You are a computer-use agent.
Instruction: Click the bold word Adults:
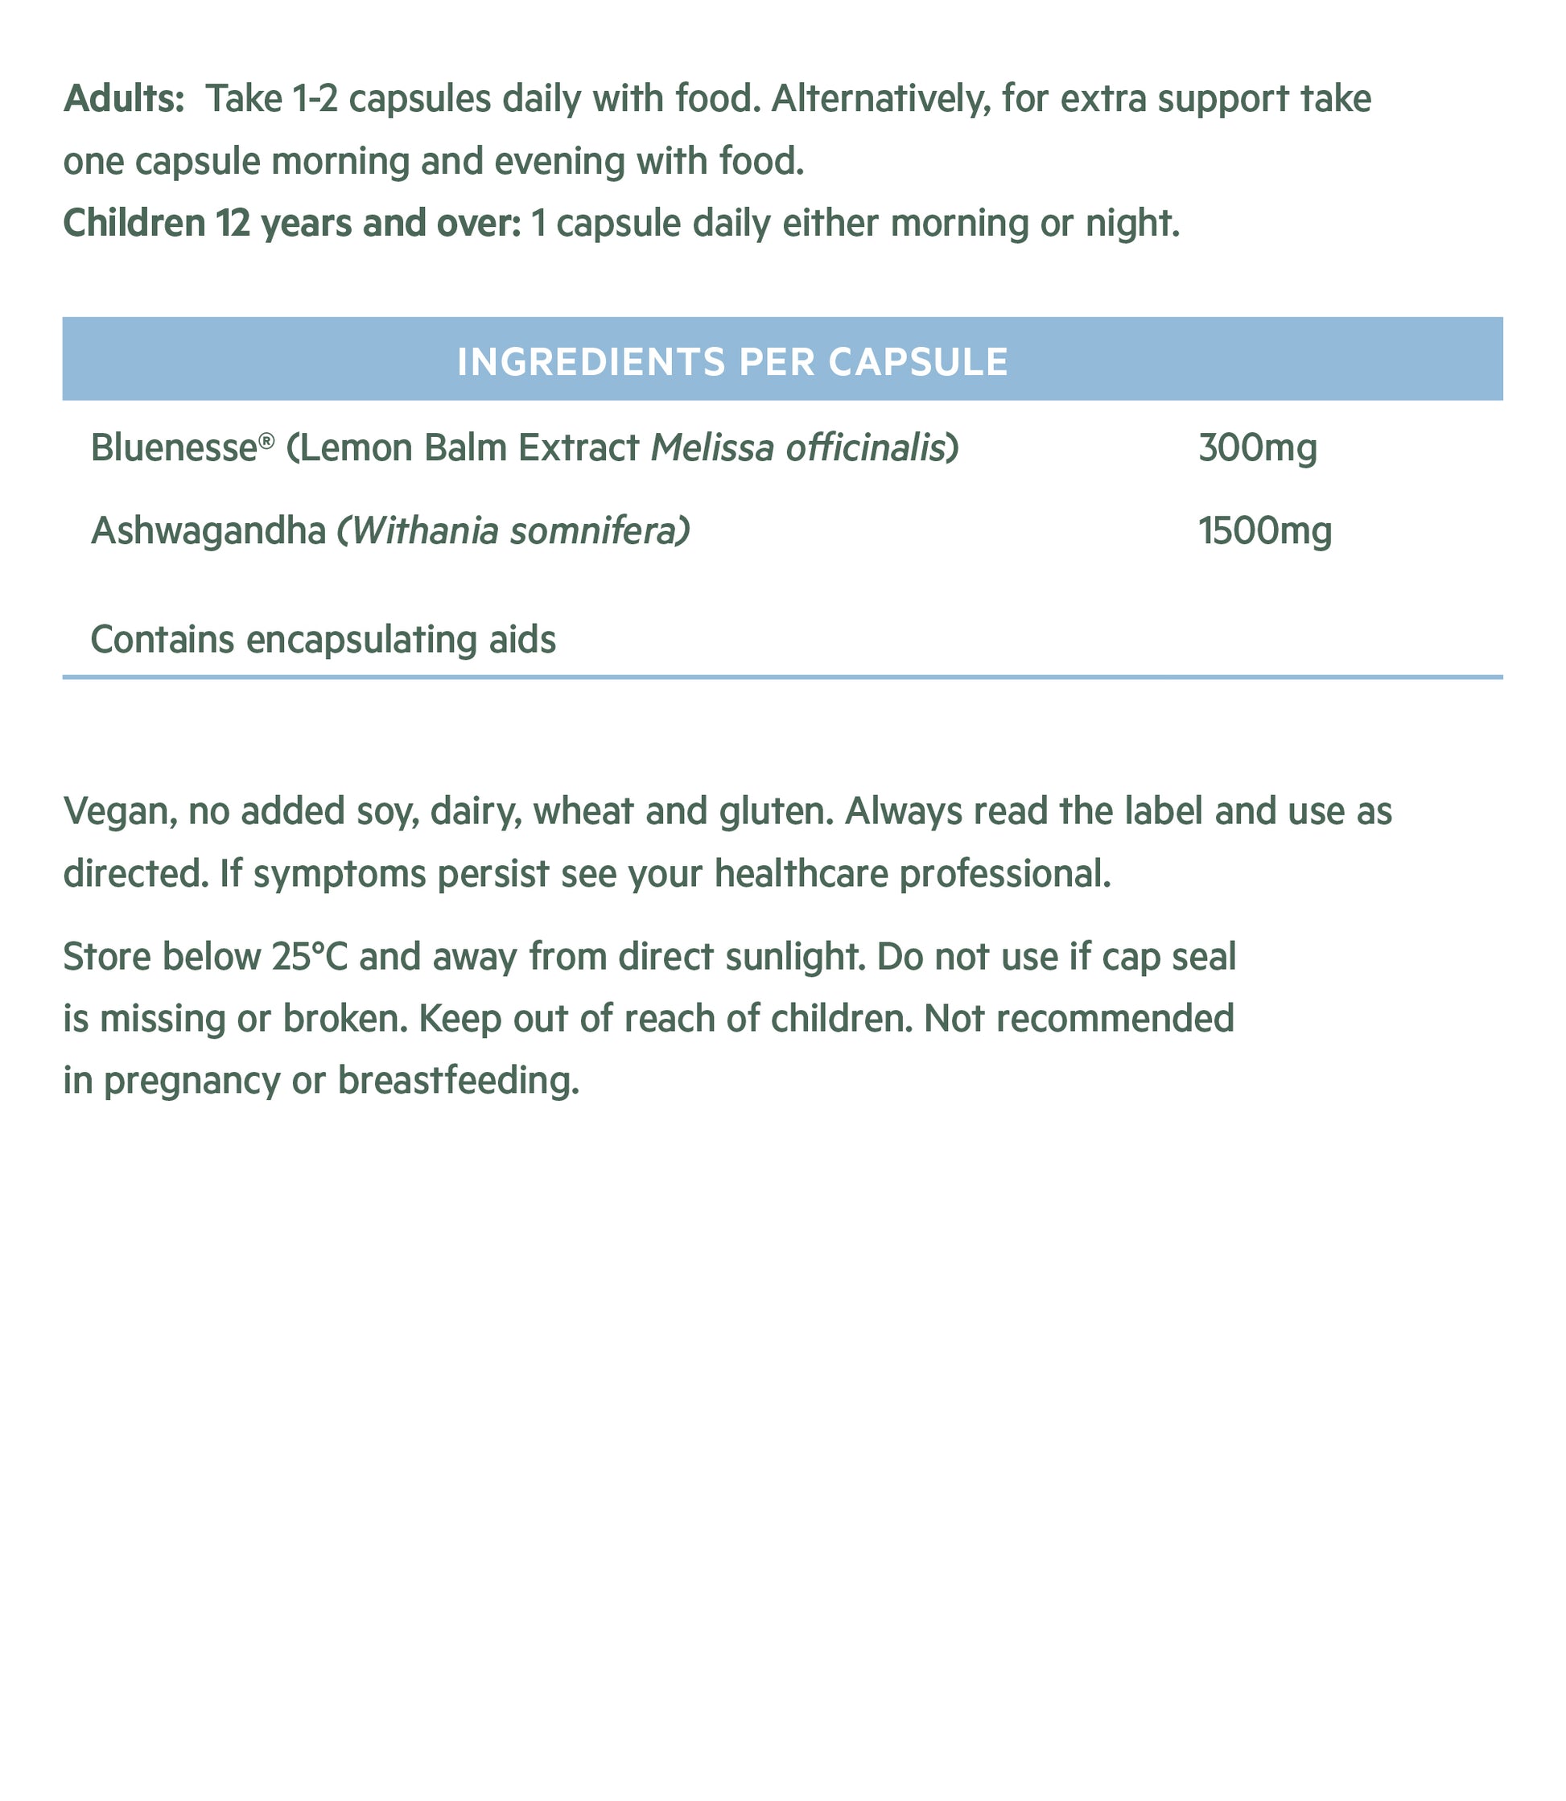[124, 100]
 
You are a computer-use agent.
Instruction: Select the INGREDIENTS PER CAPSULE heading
[732, 361]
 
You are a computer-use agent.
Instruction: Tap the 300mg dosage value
[1258, 448]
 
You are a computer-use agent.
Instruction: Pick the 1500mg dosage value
[1264, 531]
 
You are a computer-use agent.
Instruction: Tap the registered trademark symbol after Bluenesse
[267, 439]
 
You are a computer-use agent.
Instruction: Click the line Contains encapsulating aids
[324, 640]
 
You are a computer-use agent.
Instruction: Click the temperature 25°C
[311, 957]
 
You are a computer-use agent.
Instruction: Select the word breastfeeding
[458, 1082]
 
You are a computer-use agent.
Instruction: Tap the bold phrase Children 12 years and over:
[292, 224]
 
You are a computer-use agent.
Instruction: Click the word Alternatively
[881, 100]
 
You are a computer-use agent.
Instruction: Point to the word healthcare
[802, 874]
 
